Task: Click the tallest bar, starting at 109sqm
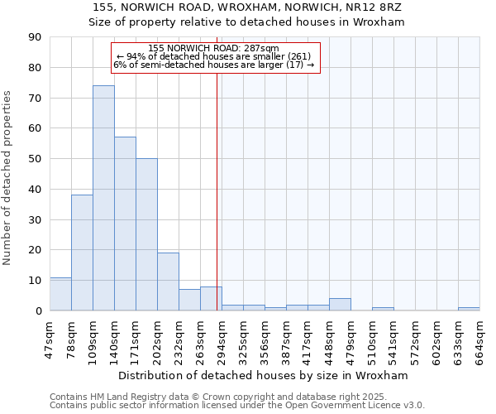point(103,198)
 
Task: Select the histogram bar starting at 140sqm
point(125,224)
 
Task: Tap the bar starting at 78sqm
point(82,253)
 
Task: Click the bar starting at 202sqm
point(168,282)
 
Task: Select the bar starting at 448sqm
point(340,305)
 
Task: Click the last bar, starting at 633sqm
point(469,309)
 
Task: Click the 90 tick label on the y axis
point(35,37)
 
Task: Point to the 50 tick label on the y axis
point(35,159)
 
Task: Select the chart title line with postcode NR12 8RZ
point(248,7)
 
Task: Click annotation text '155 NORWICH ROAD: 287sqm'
point(214,49)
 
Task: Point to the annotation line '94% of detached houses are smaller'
point(214,56)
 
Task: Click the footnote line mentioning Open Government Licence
point(237,405)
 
